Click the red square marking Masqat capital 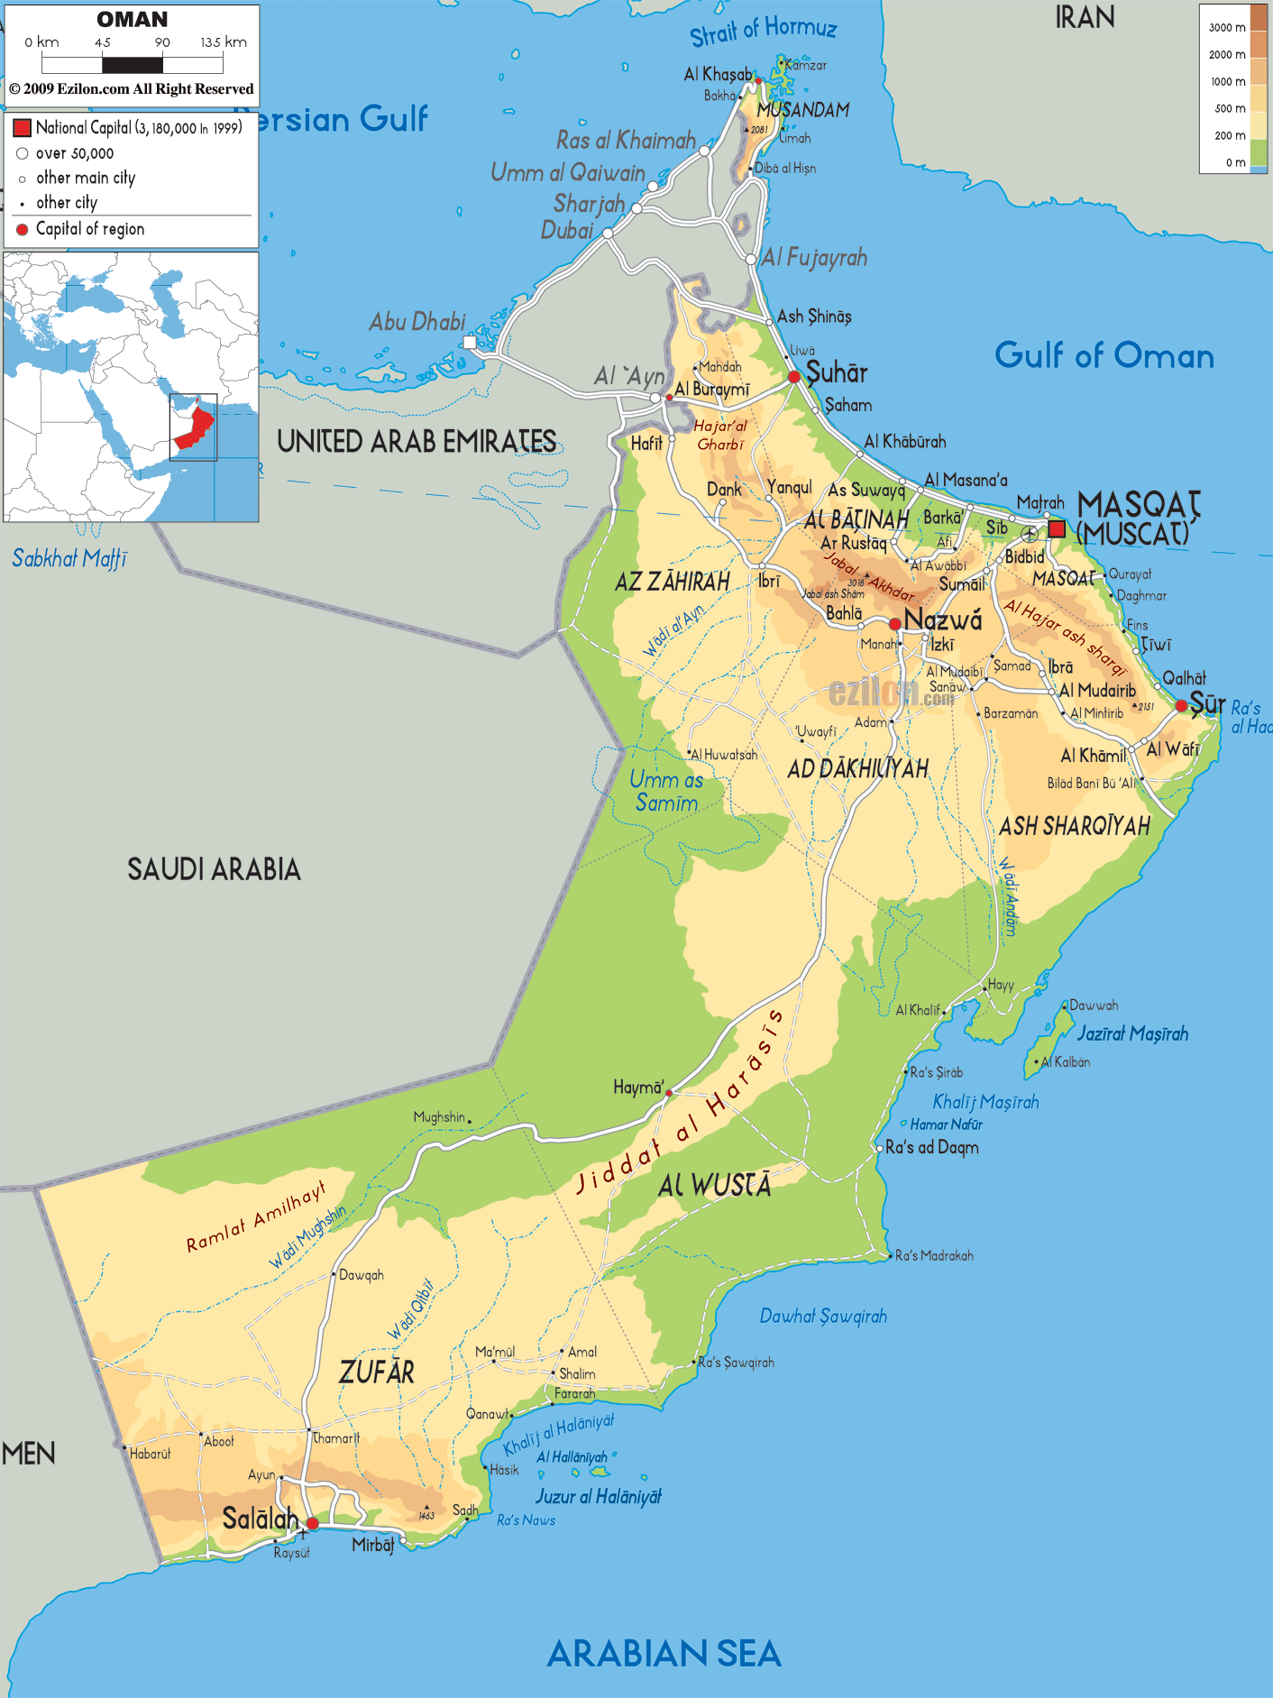point(1057,528)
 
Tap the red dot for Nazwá point(894,624)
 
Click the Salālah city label point(260,1519)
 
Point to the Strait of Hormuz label point(764,31)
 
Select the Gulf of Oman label point(1104,355)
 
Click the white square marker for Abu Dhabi point(469,342)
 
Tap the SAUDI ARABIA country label point(214,869)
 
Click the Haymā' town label point(638,1088)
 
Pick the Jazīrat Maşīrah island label point(1132,1033)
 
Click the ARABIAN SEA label point(664,1654)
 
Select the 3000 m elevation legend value point(1226,27)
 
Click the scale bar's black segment point(133,65)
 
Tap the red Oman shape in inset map point(195,427)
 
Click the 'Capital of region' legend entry point(89,229)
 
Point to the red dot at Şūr point(1181,705)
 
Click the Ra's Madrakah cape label point(934,1255)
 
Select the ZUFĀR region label point(377,1372)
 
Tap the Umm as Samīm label point(666,791)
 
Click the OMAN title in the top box point(133,19)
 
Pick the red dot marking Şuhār point(794,377)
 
